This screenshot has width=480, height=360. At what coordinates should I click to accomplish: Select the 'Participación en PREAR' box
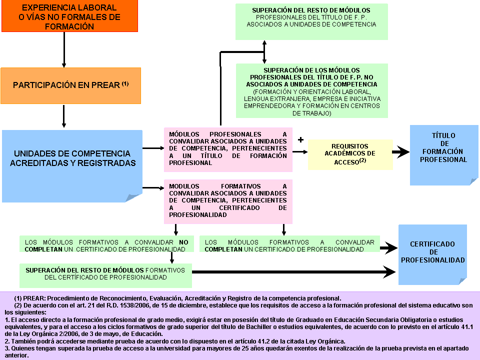70,85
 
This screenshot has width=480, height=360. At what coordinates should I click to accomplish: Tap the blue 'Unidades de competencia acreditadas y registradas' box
72,158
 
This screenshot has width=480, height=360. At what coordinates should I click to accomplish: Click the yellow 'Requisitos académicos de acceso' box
350,154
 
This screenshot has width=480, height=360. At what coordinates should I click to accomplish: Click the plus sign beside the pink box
300,140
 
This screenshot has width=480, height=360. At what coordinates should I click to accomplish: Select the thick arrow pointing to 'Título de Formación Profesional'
400,152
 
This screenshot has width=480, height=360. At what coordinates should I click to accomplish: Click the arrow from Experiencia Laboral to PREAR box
64,50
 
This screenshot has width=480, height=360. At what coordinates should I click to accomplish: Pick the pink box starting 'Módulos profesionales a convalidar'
228,148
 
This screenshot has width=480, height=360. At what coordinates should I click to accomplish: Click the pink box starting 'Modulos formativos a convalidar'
228,200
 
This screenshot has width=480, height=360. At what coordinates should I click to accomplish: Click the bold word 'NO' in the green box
183,242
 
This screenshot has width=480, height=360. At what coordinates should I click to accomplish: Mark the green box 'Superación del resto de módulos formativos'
105,273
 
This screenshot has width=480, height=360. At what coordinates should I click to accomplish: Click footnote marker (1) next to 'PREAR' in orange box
125,83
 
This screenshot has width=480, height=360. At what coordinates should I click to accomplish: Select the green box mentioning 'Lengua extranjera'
311,91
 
